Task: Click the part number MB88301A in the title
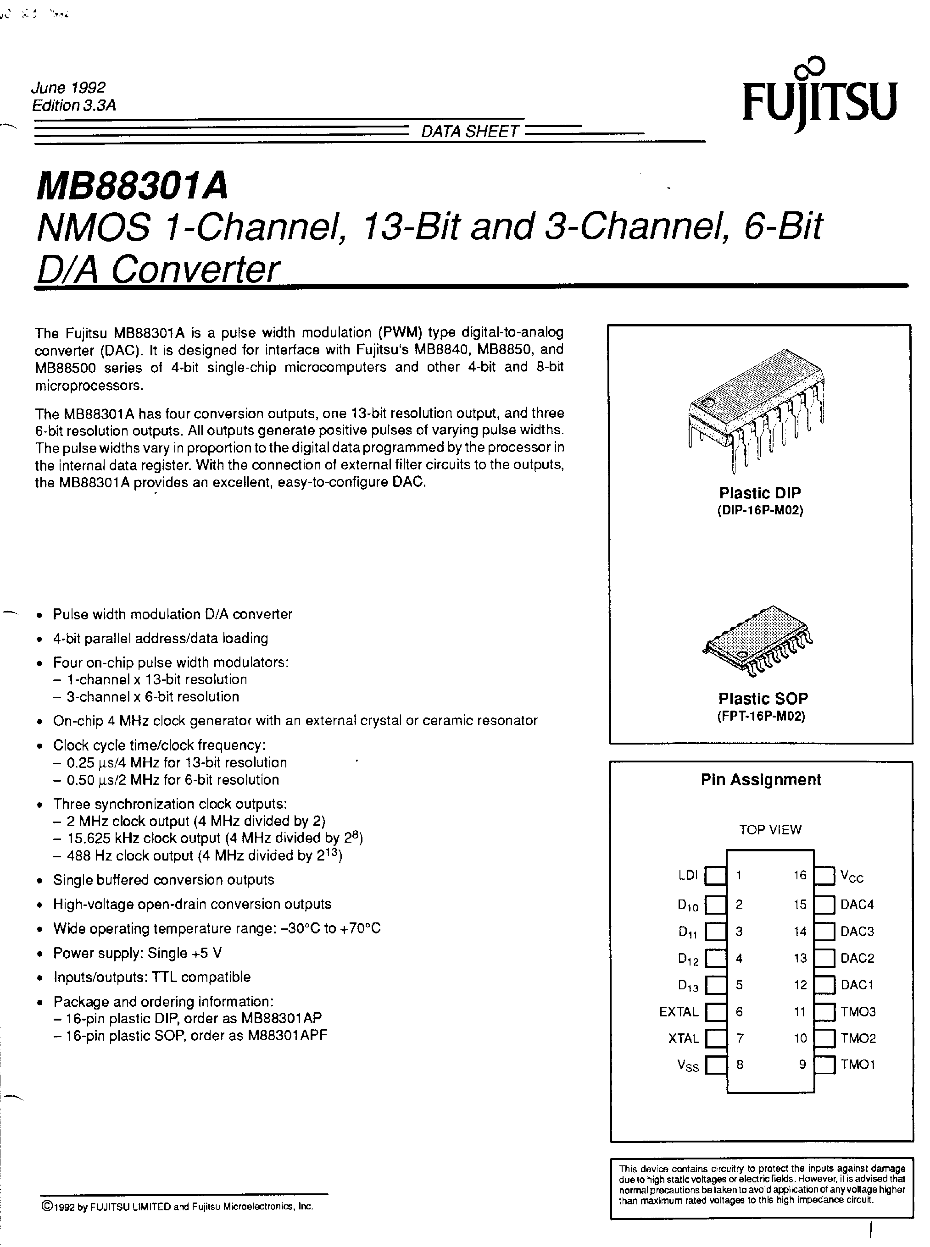coord(132,186)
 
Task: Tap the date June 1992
coord(68,88)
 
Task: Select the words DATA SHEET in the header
coord(469,132)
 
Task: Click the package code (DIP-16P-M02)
coord(759,511)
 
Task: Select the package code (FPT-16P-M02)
coord(761,717)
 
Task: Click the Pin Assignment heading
coord(761,779)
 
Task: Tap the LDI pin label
coord(688,875)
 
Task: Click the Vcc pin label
coord(851,876)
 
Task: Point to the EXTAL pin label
coord(679,1012)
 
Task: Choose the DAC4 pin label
coord(857,905)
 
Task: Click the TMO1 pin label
coord(858,1065)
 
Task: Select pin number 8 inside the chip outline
coord(740,1065)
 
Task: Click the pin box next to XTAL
coord(716,1038)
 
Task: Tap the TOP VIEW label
coord(769,830)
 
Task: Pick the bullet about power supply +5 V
coord(137,953)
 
